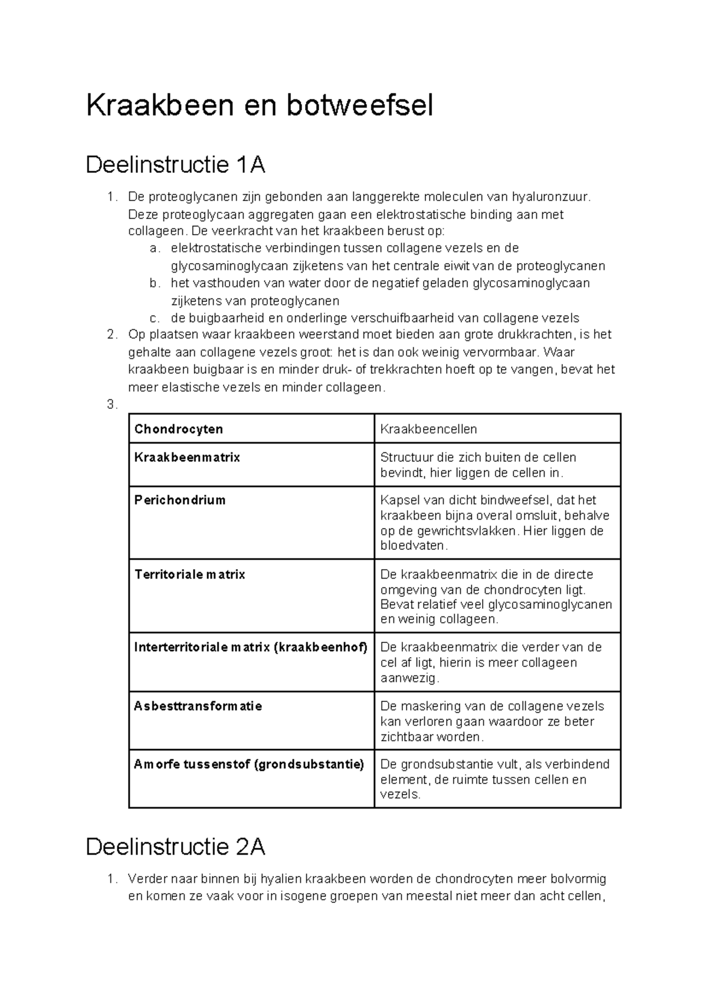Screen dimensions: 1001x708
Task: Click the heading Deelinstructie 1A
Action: coord(175,165)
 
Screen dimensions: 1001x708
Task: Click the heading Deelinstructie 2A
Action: coord(175,847)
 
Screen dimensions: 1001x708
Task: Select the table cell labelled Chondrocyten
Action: coord(178,429)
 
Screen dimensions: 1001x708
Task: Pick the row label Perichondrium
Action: coord(180,500)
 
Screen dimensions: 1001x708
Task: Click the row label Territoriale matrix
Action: coord(189,575)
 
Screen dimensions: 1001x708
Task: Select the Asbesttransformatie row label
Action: coord(198,706)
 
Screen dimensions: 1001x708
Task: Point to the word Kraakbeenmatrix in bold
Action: coord(187,457)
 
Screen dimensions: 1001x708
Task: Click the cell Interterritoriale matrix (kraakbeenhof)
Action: coord(251,647)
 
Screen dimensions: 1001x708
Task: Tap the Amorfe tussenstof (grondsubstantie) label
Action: coord(248,764)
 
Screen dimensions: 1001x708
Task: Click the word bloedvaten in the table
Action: coord(412,546)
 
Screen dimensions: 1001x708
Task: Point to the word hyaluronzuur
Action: coord(550,196)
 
